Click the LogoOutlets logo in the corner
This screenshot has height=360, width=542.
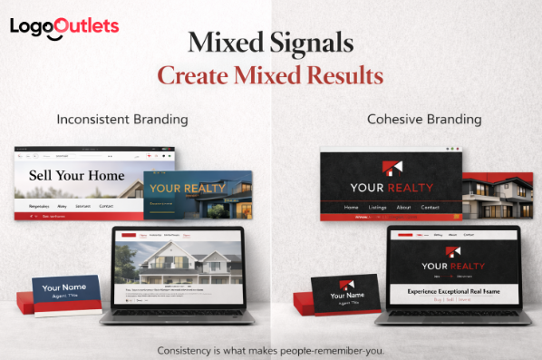click(64, 25)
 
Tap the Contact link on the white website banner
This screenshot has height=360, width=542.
click(106, 207)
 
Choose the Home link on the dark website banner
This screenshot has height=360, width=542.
click(351, 208)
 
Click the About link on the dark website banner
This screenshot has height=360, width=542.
click(403, 208)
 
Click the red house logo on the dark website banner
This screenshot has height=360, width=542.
click(392, 169)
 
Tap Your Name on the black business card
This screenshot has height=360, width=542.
click(346, 296)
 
